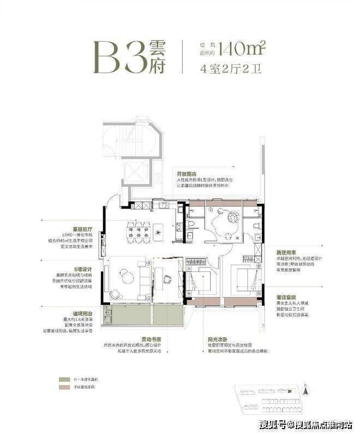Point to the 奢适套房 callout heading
pyautogui.click(x=287, y=296)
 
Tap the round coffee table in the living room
pyautogui.click(x=127, y=277)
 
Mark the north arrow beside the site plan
pyautogui.click(x=307, y=389)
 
